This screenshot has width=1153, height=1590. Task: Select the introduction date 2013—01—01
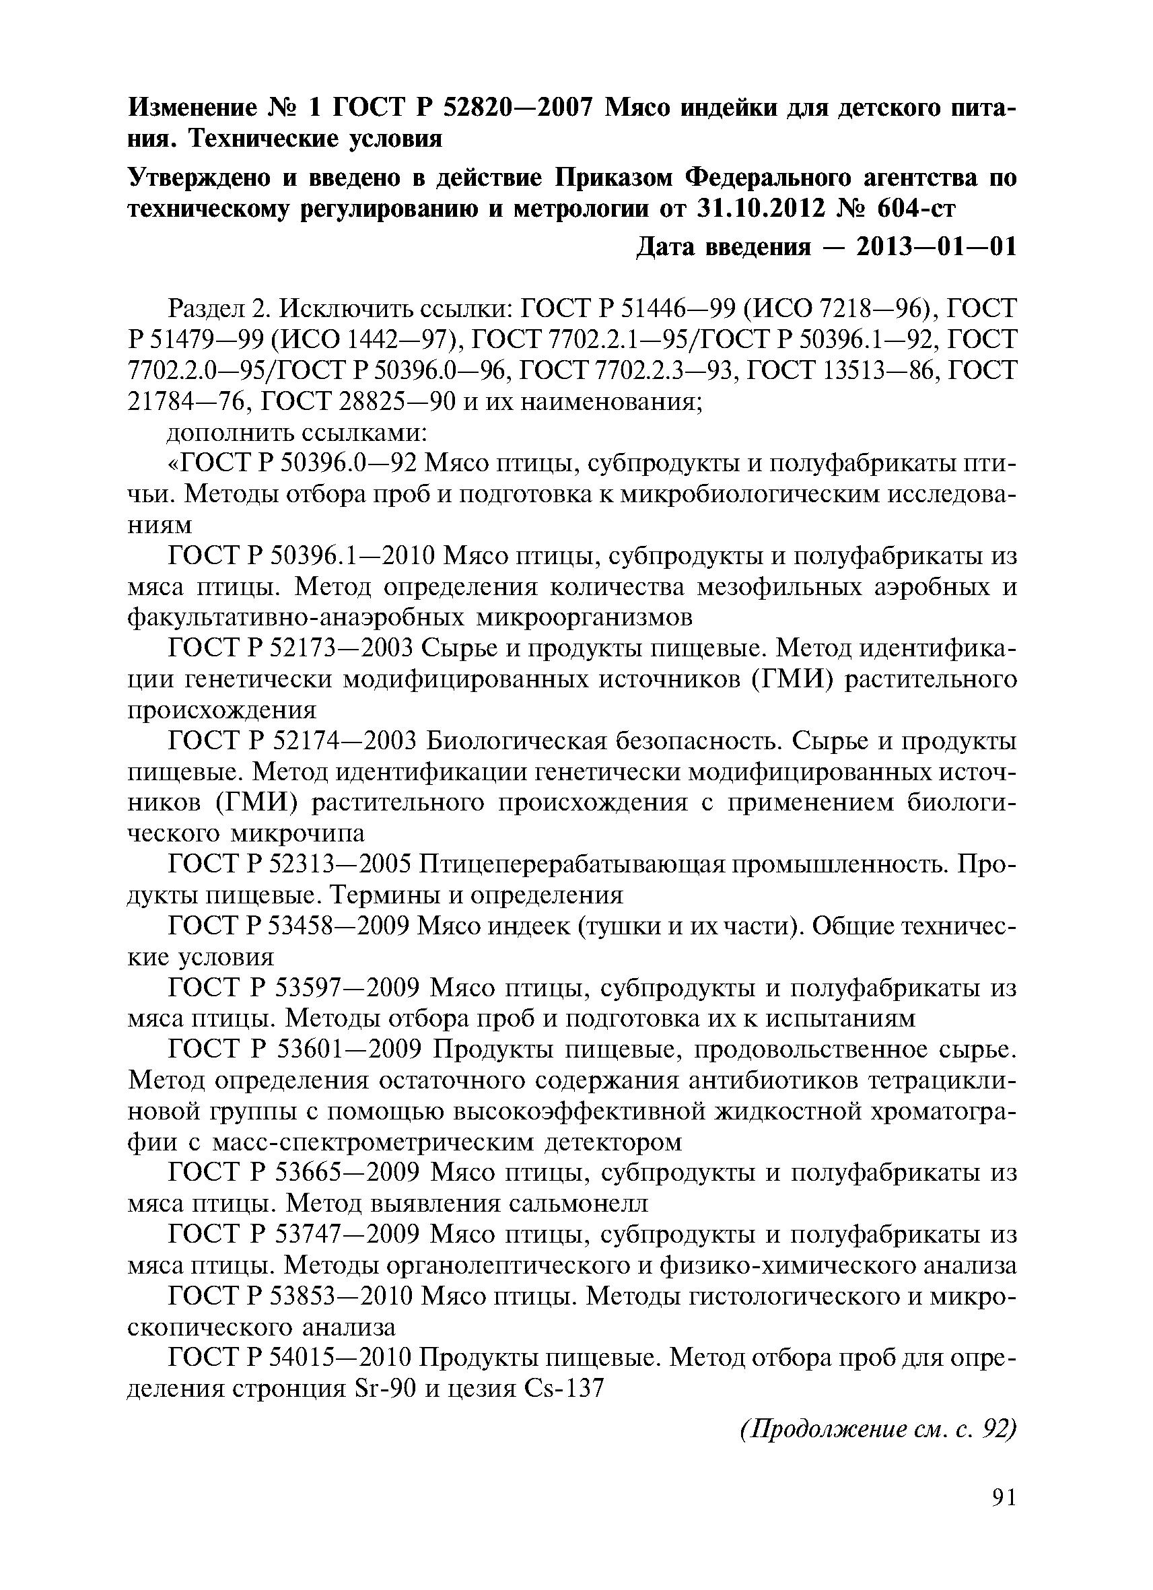point(936,247)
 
